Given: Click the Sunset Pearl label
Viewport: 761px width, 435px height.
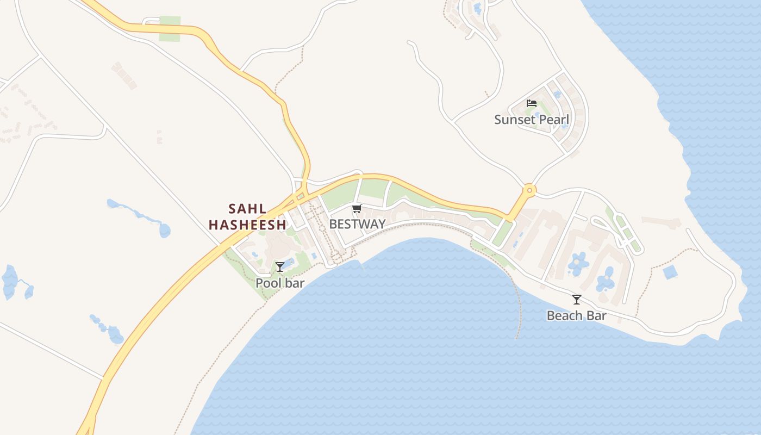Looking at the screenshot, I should pyautogui.click(x=532, y=120).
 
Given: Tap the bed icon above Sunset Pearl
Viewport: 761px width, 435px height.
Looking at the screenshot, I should pyautogui.click(x=532, y=103).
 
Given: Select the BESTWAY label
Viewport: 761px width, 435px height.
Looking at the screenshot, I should pyautogui.click(x=357, y=224).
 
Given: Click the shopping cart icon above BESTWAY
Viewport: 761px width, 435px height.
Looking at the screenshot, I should pyautogui.click(x=357, y=208).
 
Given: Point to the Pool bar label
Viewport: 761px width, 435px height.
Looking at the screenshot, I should pyautogui.click(x=280, y=283).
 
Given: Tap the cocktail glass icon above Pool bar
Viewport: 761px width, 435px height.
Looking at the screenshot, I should pyautogui.click(x=280, y=266).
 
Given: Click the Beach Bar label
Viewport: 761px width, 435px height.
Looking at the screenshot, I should pyautogui.click(x=576, y=315).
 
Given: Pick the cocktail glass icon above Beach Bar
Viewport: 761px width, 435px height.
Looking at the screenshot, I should pyautogui.click(x=576, y=299).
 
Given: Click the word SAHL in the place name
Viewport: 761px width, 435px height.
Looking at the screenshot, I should pyautogui.click(x=247, y=209).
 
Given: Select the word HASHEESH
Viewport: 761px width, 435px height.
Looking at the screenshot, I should pyautogui.click(x=247, y=225).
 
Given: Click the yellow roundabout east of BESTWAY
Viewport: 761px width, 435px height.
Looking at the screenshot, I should pyautogui.click(x=528, y=190).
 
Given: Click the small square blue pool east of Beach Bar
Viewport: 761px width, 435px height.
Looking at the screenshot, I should pyautogui.click(x=670, y=272).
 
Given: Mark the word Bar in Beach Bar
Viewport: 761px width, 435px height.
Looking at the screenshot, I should pyautogui.click(x=596, y=315).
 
